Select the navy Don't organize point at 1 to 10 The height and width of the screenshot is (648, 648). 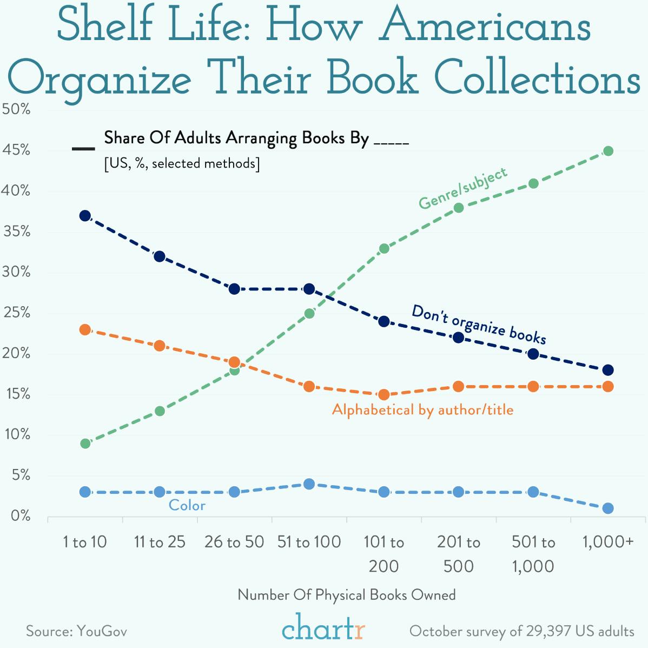click(85, 216)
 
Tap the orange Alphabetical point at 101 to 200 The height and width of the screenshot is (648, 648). click(384, 394)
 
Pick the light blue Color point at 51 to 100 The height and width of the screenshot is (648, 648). click(309, 484)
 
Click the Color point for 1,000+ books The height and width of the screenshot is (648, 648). click(608, 508)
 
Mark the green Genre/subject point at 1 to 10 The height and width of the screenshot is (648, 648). click(85, 444)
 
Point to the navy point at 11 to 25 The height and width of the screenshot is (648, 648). click(160, 256)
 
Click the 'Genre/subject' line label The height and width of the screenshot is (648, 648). click(463, 188)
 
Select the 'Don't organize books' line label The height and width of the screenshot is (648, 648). click(479, 324)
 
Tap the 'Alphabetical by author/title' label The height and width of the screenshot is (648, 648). click(422, 410)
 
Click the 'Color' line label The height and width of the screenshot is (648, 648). click(187, 505)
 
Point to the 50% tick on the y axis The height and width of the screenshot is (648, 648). click(16, 109)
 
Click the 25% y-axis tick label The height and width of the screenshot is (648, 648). click(16, 313)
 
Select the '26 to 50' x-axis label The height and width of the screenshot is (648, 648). click(234, 541)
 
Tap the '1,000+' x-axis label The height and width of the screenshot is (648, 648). click(608, 541)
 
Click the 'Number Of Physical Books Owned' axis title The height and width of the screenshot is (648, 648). click(347, 595)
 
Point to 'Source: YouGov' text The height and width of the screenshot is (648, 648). click(76, 631)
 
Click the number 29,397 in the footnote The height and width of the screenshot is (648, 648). click(546, 631)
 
